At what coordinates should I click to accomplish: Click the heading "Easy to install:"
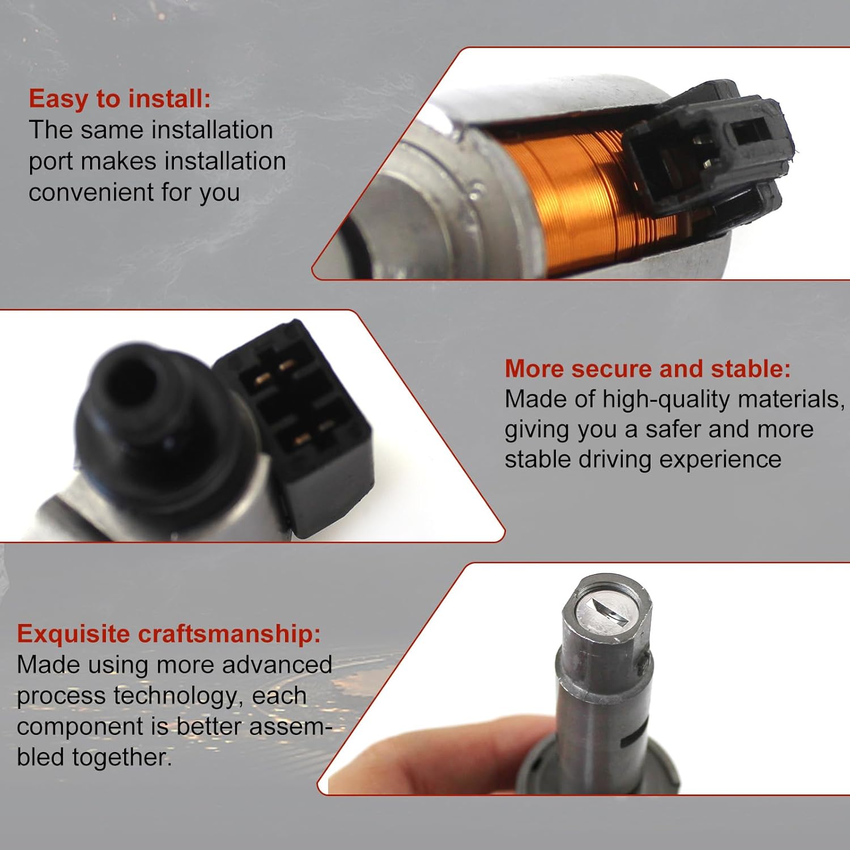pos(120,99)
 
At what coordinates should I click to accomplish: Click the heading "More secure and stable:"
pos(647,369)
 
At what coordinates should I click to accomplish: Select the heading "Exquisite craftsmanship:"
pos(168,634)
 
